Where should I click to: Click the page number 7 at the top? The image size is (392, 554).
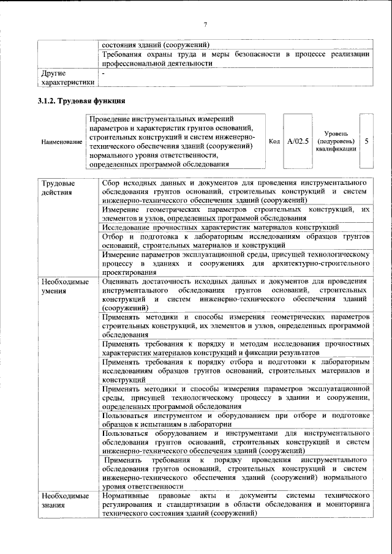(x=206, y=24)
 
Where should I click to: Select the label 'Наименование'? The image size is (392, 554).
(x=62, y=142)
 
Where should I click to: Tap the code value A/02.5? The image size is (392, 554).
(x=298, y=141)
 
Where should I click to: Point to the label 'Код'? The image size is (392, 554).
(x=274, y=141)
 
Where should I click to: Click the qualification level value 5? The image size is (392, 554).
(x=366, y=141)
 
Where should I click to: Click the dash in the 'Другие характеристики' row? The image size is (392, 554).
(x=104, y=73)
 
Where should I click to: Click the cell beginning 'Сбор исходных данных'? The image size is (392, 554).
(x=236, y=192)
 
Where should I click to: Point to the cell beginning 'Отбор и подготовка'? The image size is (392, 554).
(x=236, y=241)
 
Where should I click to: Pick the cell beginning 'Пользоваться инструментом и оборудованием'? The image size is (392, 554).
(x=236, y=421)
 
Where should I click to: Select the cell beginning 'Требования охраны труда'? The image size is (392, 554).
(x=236, y=58)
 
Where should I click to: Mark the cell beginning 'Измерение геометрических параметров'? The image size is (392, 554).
(x=236, y=214)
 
